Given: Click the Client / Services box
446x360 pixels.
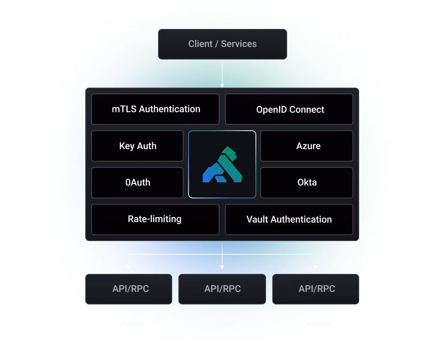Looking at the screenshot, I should coord(222,44).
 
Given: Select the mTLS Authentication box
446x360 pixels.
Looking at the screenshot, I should coord(155,109).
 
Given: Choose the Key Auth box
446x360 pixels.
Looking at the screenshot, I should coord(137,146).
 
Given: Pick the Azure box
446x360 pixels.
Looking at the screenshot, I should coord(307,146).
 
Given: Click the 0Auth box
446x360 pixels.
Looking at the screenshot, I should coord(137,182).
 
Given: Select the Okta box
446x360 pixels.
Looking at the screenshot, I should coord(307,182).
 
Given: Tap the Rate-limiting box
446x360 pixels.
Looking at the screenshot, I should coord(155,219).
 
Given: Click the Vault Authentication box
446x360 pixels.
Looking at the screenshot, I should coord(289,219).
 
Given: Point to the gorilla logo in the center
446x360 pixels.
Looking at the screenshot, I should coord(222,164).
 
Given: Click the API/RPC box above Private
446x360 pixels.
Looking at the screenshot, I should coord(129,289).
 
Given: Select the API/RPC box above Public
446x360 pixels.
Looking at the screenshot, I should coord(222,289).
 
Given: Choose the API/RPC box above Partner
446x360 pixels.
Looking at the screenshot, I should coord(316,289).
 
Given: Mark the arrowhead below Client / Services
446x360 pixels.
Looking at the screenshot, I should coord(222,85).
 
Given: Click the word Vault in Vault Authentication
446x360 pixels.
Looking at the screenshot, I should coord(257,220).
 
